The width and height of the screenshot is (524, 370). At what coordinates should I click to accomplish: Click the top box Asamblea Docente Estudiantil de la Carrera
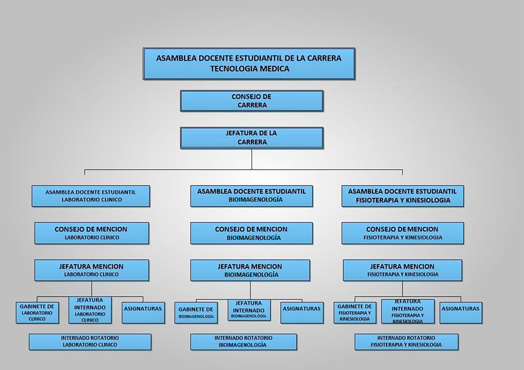(x=249, y=64)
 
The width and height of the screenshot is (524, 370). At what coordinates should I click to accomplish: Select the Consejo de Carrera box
(x=252, y=101)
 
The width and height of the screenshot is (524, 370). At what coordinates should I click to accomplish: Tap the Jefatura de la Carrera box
(x=252, y=138)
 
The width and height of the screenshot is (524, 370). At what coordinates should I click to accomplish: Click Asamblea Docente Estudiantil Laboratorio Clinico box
(x=91, y=196)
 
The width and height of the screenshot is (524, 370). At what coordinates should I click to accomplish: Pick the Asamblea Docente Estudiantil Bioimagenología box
(x=251, y=196)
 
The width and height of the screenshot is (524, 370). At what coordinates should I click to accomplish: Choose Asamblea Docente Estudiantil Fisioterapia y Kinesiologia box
(x=403, y=196)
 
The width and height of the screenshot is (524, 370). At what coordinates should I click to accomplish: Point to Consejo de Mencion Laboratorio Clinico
(x=92, y=233)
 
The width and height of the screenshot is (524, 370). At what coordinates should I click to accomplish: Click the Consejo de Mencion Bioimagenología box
(x=251, y=233)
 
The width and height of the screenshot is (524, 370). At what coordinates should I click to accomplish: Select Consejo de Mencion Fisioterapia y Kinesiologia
(x=403, y=233)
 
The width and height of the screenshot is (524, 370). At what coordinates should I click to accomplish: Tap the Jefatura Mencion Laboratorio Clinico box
(x=92, y=270)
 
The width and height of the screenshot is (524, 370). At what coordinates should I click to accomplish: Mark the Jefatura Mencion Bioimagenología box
(x=250, y=270)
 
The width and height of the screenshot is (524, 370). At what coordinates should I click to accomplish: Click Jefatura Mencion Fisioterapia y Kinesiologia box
(x=403, y=270)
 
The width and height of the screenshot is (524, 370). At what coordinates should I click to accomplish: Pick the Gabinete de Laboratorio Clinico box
(x=37, y=313)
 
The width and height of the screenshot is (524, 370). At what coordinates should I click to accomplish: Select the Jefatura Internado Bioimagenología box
(x=249, y=310)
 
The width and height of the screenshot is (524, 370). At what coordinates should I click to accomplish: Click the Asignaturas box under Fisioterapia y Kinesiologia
(x=461, y=313)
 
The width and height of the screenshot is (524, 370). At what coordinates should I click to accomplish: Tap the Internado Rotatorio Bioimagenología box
(x=244, y=342)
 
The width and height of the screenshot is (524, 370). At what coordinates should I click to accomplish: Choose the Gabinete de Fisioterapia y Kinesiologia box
(x=355, y=313)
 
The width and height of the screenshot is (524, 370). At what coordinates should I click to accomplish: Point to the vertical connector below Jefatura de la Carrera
(x=252, y=159)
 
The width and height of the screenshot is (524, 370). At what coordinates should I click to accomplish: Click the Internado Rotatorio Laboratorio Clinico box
(x=90, y=342)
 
